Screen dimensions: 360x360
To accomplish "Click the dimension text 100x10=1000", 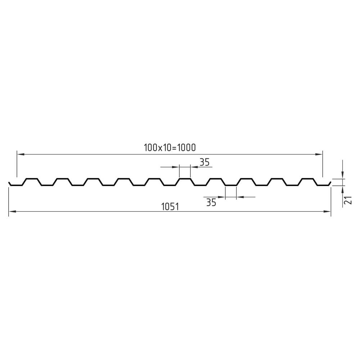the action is (170, 148).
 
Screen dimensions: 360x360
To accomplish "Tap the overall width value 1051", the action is (170, 207).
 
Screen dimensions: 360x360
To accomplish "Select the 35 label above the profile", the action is (204, 162).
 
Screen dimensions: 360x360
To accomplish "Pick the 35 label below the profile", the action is (211, 202).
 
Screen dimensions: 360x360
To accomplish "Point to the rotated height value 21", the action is (348, 200).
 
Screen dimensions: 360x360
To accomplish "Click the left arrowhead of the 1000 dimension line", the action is (21, 154).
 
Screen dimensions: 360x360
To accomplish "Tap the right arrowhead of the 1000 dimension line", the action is (319, 154).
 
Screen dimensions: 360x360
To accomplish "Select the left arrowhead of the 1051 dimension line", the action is (12, 211).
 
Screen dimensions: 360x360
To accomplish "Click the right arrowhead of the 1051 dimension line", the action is (327, 211).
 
